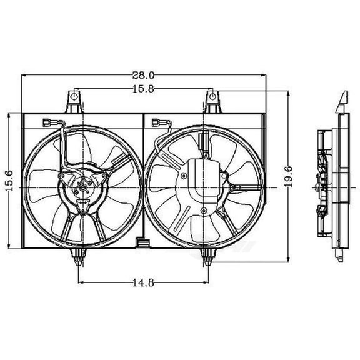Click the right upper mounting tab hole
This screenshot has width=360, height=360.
click(212, 96)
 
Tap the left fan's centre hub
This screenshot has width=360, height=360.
click(81, 186)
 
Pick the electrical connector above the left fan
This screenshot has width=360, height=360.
click(49, 123)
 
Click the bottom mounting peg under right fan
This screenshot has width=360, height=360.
click(208, 254)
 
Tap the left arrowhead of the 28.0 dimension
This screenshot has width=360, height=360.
click(24, 75)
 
